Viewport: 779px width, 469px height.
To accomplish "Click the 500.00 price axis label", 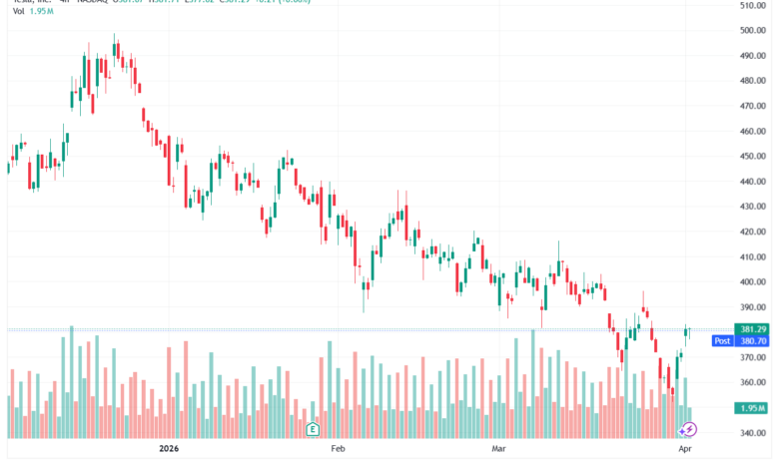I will (x=752, y=30).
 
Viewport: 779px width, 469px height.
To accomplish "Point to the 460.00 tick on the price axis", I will (x=752, y=131).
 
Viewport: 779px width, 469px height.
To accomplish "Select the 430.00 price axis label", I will (x=752, y=207).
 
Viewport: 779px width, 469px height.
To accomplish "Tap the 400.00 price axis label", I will (x=752, y=282).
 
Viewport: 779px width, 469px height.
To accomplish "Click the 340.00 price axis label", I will (x=752, y=433).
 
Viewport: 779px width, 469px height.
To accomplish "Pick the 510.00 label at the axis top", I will (x=752, y=6).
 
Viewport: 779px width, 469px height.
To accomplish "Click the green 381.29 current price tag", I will (x=753, y=329).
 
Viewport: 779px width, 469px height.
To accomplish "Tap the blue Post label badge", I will (x=722, y=341).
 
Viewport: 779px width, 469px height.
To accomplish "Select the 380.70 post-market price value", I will (x=753, y=341).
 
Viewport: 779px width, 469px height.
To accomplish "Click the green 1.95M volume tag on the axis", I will (x=753, y=408).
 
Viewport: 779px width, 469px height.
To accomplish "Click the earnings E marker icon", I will (x=313, y=429).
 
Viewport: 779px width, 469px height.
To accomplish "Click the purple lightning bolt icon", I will (x=688, y=429).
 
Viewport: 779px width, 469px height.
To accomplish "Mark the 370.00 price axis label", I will (x=752, y=357).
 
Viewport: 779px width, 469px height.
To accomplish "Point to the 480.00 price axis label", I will (x=752, y=81).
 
